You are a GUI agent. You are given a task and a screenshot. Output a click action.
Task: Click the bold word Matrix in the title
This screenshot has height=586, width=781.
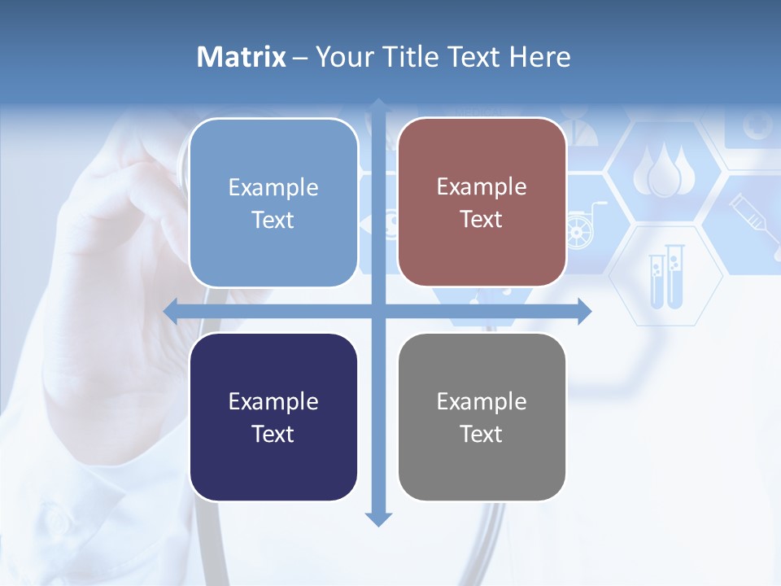pyautogui.click(x=241, y=57)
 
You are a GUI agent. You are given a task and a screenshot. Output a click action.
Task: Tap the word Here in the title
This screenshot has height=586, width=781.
pyautogui.click(x=539, y=57)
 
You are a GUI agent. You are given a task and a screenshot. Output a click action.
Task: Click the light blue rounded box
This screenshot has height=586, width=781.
pyautogui.click(x=273, y=203)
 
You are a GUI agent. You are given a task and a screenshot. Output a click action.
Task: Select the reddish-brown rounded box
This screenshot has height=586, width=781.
pyautogui.click(x=482, y=203)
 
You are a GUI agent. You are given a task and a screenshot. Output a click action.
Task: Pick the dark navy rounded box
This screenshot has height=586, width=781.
pyautogui.click(x=273, y=417)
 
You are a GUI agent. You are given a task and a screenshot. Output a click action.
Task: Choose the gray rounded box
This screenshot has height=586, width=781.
pyautogui.click(x=482, y=417)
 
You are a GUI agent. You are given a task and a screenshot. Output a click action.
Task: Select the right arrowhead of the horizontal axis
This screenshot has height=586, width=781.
pyautogui.click(x=584, y=311)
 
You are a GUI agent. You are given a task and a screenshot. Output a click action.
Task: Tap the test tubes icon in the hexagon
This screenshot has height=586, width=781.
pyautogui.click(x=665, y=277)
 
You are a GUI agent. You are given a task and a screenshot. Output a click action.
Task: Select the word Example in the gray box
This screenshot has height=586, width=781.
pyautogui.click(x=482, y=401)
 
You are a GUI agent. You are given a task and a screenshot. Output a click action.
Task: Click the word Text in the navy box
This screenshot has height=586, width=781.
pyautogui.click(x=273, y=434)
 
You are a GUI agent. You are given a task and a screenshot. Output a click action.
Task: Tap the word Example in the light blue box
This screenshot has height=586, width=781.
pyautogui.click(x=273, y=187)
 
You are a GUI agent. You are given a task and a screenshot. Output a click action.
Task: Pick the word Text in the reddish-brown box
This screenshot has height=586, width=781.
pyautogui.click(x=482, y=220)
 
